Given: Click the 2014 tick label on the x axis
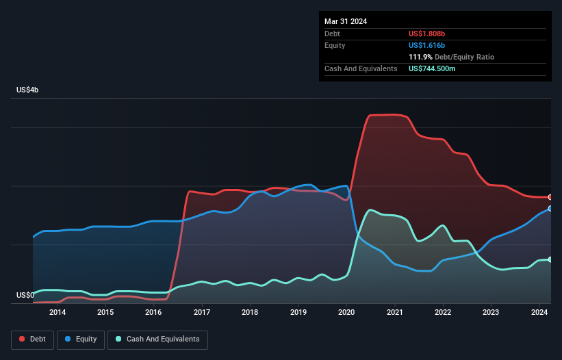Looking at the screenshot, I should tap(58, 313).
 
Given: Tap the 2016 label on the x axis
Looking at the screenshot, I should tap(153, 313).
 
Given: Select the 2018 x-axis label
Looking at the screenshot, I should tap(250, 313).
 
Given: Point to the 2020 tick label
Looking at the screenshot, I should tap(346, 313).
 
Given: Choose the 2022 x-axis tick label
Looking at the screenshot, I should tap(443, 313).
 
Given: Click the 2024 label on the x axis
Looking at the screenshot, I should tap(539, 313).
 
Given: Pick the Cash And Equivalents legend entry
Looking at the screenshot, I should tap(157, 339).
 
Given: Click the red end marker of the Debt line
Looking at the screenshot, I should tap(550, 197).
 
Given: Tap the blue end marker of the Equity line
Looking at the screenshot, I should tap(550, 208).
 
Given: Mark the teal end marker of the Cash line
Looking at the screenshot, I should tap(550, 259).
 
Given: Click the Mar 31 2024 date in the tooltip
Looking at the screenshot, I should tap(346, 21).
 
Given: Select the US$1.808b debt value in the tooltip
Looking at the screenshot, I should tap(426, 34).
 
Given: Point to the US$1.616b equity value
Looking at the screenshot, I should tap(426, 45).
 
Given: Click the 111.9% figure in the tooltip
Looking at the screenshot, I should tap(420, 57).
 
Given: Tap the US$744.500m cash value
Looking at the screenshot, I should tap(433, 68).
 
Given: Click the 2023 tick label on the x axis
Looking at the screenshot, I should tap(491, 313).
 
